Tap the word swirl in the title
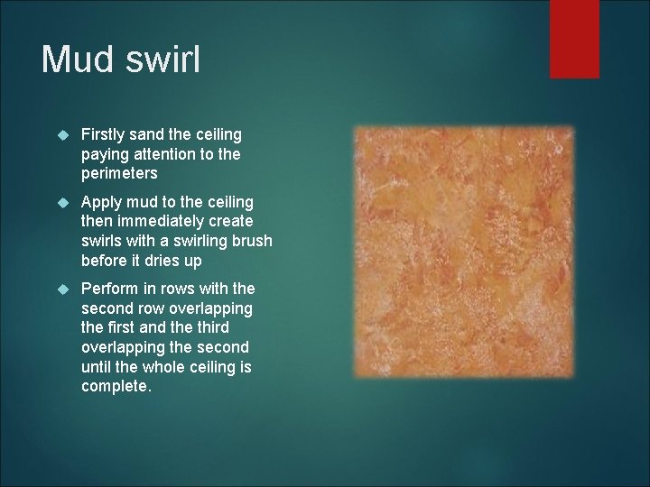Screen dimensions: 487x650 (164, 60)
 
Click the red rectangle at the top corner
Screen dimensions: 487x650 (574, 38)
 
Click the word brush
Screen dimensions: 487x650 (253, 241)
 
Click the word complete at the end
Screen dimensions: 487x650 (116, 385)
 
